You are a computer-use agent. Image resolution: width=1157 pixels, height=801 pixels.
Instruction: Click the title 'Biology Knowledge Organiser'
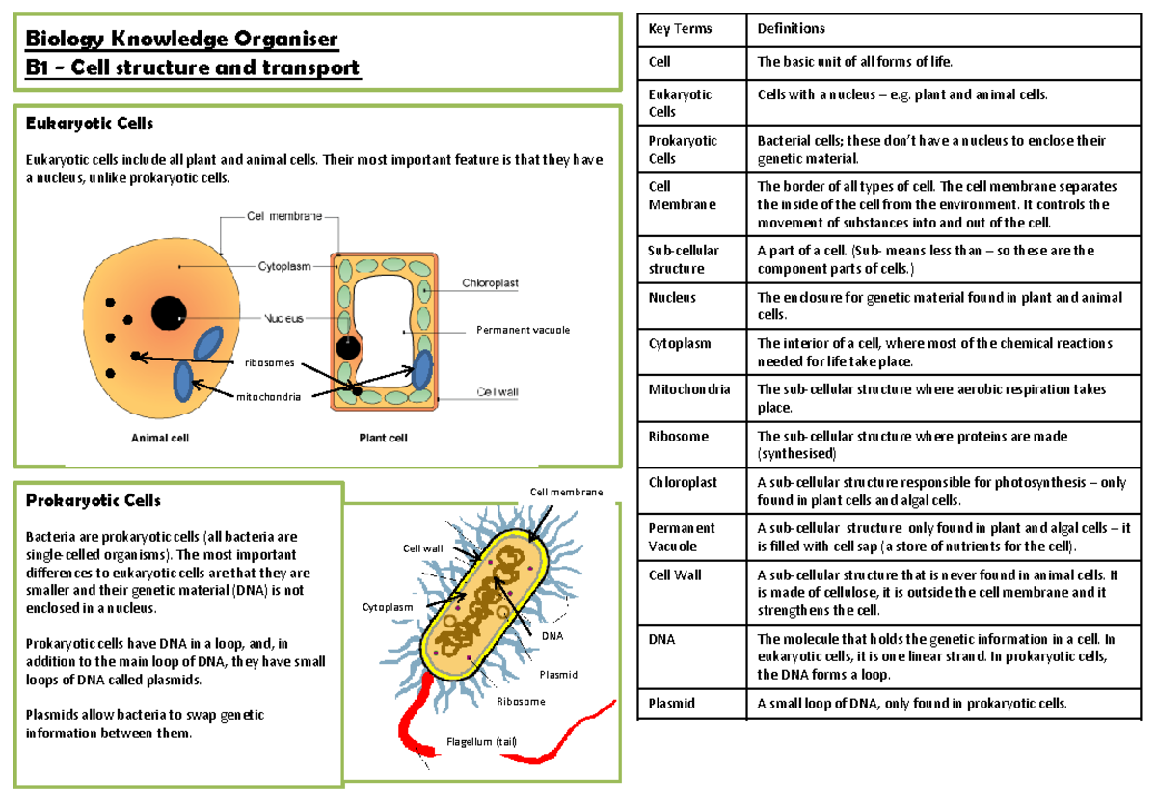tap(182, 40)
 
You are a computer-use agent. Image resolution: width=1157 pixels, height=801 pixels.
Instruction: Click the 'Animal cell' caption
tap(160, 437)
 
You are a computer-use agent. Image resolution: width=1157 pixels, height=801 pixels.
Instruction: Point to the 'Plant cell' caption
tap(383, 437)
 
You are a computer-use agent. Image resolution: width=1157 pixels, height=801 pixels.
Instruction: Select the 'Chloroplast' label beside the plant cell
tap(490, 283)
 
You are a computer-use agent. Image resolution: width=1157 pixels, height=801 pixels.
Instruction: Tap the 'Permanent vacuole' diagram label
tap(523, 330)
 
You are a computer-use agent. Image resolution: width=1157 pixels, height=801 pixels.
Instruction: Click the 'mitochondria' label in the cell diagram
tap(270, 396)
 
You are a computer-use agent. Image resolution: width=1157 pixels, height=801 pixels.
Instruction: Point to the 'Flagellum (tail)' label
tap(481, 741)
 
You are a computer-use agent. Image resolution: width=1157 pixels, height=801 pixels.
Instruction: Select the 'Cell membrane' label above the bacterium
tap(566, 493)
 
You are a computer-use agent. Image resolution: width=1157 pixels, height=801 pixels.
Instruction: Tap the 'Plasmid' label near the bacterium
tap(558, 674)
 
